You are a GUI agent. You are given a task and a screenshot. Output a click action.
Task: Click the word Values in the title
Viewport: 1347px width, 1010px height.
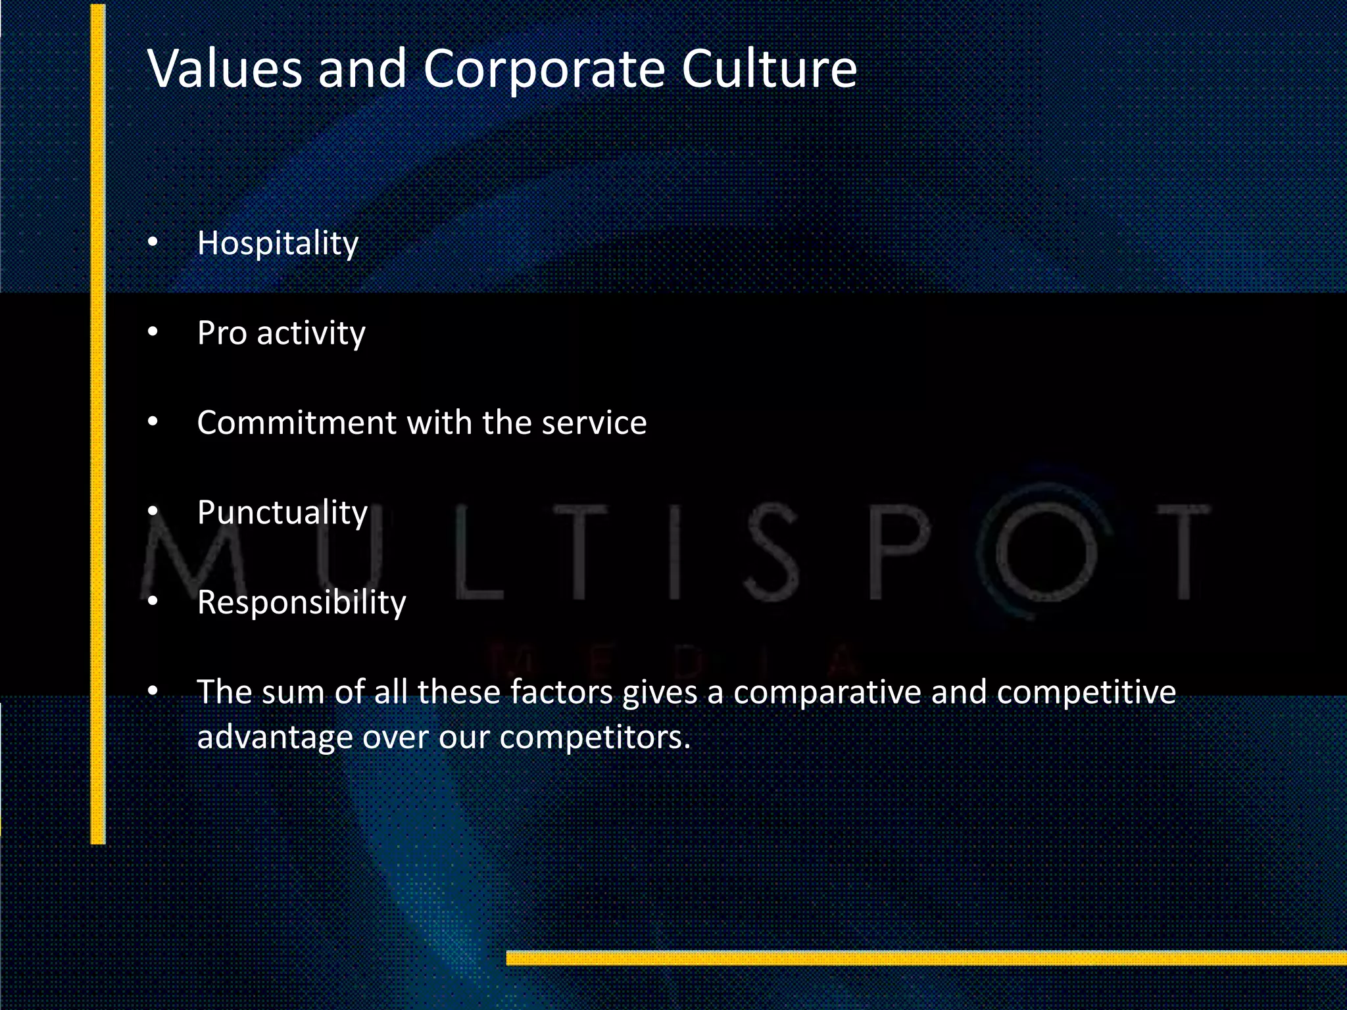pos(224,68)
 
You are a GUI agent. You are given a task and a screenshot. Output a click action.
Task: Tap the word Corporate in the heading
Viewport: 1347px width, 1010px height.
pos(543,70)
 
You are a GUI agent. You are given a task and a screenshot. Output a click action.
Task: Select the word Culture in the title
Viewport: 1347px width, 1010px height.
pos(769,68)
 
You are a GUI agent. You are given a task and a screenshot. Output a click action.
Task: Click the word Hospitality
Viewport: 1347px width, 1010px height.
pos(278,243)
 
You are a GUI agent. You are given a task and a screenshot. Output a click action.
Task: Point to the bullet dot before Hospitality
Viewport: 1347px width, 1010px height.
pos(153,243)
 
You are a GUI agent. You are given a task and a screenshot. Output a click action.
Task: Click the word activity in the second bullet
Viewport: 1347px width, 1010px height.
pos(311,333)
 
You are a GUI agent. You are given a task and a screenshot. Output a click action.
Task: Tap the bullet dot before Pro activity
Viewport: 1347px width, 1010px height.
pos(153,333)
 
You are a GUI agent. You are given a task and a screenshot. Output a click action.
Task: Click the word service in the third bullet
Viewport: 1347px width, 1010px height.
pos(594,422)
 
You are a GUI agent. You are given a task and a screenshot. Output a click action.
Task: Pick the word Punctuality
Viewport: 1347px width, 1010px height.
pos(282,512)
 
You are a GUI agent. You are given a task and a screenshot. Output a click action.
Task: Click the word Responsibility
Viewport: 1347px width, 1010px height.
pos(301,602)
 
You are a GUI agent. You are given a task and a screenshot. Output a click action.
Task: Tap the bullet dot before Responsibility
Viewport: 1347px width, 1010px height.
pos(153,602)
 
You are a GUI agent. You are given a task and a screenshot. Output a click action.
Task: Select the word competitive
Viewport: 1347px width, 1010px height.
pos(1086,692)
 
